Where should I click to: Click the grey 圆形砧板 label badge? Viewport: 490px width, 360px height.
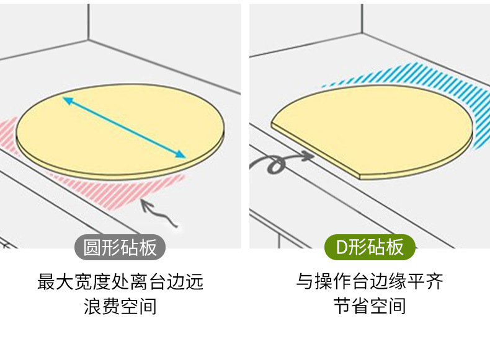[x=120, y=248]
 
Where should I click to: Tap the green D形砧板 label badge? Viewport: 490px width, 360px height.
[x=370, y=248]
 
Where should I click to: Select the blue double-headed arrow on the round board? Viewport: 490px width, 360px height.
[x=124, y=128]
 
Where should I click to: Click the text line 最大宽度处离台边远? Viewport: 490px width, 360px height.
[x=120, y=283]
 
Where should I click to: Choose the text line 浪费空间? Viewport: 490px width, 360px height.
[x=120, y=306]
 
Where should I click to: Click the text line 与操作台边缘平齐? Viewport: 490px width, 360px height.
[x=370, y=283]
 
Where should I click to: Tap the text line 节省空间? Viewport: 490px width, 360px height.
[x=370, y=306]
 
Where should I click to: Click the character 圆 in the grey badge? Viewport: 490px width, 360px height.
[x=92, y=248]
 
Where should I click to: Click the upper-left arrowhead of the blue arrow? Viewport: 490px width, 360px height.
[x=66, y=99]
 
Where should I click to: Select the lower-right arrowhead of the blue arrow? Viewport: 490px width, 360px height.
[x=181, y=156]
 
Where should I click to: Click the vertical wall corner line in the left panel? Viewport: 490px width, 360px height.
[x=88, y=22]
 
